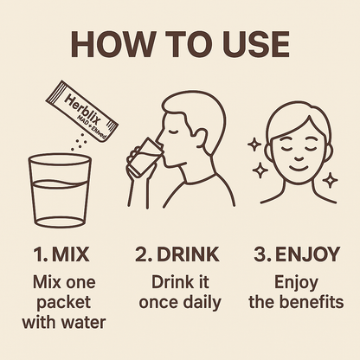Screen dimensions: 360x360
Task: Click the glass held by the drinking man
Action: coord(142,157)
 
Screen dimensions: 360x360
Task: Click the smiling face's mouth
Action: coord(297,168)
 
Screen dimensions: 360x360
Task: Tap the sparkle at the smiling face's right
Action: coord(330,180)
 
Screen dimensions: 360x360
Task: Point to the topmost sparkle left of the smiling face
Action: coord(255,144)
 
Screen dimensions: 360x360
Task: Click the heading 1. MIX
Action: coord(61,254)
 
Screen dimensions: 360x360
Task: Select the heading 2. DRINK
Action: coord(177,254)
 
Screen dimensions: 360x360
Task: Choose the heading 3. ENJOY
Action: coord(296,254)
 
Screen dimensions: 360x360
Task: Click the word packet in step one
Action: coord(64,303)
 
